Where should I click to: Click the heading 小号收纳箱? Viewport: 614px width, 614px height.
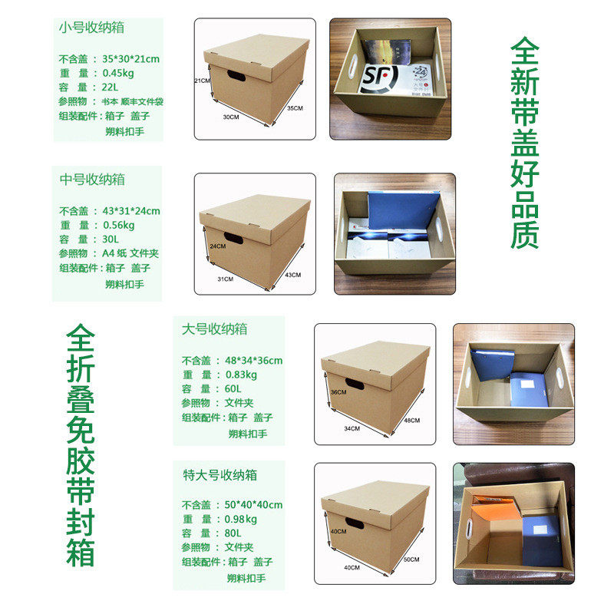point(91,28)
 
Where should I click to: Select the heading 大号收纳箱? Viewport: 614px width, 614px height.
point(214,329)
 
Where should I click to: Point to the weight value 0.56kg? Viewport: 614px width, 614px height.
point(118,225)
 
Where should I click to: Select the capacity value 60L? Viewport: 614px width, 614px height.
point(233,389)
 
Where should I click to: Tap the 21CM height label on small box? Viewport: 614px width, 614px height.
point(202,80)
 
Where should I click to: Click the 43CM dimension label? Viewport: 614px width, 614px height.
point(291,274)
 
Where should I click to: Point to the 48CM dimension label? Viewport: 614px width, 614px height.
point(411,420)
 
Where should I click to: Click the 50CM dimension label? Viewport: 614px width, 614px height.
point(411,559)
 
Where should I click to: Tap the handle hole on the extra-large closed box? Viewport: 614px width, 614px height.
point(355,523)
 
